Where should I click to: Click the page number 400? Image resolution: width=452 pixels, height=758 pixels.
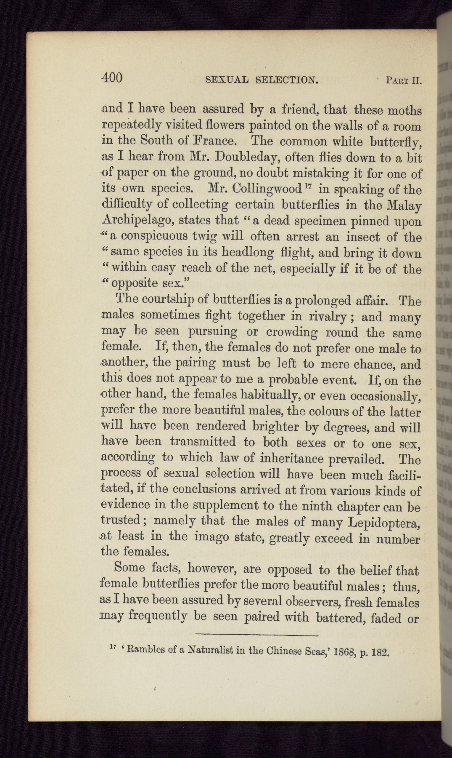(112, 77)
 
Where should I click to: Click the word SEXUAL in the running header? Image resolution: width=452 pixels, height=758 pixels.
(227, 79)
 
